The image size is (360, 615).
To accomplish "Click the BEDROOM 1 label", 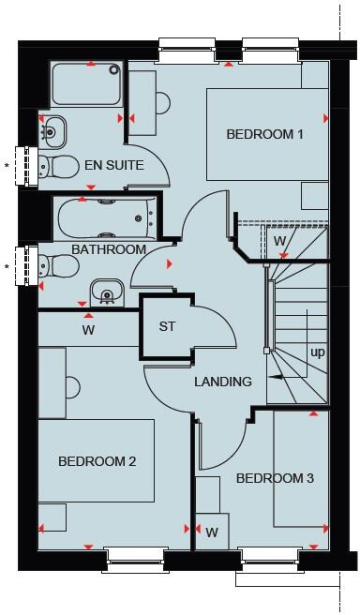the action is coord(264,134).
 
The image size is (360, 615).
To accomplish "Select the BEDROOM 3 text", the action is coord(275,478).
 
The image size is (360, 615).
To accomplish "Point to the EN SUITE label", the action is coord(113,165).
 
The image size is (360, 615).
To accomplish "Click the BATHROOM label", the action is coord(109,249).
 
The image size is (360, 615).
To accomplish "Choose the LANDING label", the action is coord(223,382).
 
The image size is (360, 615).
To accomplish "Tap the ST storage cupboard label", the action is coord(167,327).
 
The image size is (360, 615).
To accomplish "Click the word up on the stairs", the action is coord(318,352).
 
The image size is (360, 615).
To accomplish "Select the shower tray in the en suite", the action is coord(84,84).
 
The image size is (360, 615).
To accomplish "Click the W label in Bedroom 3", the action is coord(212,532).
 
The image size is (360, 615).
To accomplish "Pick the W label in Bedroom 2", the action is coord(88,330).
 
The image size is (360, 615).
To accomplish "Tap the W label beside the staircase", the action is coord(279,242).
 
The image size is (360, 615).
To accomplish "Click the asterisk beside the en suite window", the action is coord(7,167).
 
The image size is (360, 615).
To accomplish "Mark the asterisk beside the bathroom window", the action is coord(7,268).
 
